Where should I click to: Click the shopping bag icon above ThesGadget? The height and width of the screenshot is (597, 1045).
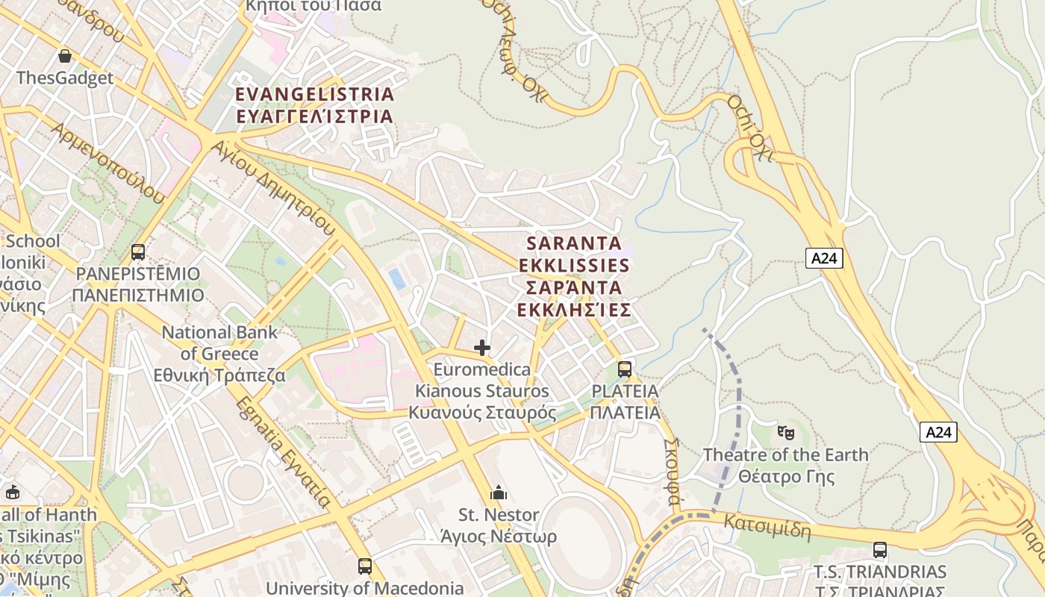click(65, 56)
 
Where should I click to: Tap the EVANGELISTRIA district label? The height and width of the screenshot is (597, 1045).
click(314, 105)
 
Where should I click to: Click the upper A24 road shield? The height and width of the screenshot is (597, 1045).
click(825, 258)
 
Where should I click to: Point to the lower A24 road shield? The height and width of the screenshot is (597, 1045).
click(938, 431)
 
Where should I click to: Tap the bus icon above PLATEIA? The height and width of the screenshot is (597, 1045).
click(625, 369)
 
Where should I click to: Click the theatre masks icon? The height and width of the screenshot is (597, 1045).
click(785, 432)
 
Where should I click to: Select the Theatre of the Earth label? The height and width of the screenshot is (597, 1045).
click(786, 465)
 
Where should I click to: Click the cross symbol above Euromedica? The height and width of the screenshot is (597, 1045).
click(482, 348)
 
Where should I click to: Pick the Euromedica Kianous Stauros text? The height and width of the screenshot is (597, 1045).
click(482, 391)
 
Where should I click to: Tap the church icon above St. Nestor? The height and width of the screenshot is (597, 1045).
click(499, 493)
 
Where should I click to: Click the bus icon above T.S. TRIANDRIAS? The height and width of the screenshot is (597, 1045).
click(880, 550)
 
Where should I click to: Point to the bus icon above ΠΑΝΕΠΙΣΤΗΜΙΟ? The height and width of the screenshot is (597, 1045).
click(138, 252)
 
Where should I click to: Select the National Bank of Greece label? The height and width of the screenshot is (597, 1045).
click(219, 354)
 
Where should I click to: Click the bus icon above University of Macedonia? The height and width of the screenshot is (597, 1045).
click(364, 566)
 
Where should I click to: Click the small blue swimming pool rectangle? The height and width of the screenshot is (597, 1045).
click(397, 278)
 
